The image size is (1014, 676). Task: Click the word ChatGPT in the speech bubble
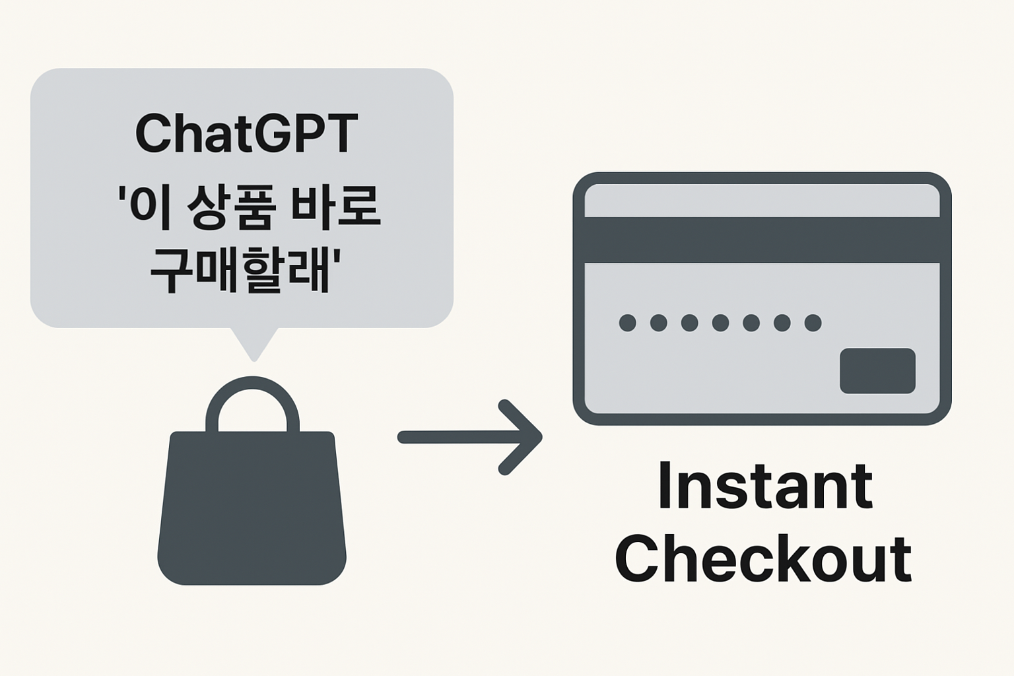tap(246, 133)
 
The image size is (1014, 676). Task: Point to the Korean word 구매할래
tap(240, 269)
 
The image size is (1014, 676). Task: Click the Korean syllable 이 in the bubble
tap(146, 207)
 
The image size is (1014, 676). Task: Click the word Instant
tap(764, 487)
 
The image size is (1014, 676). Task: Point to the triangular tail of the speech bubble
tap(253, 343)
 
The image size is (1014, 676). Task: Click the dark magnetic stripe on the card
tap(762, 240)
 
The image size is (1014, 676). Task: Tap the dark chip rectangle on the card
tap(877, 371)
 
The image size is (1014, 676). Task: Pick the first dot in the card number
tap(627, 323)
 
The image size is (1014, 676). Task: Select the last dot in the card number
tap(813, 323)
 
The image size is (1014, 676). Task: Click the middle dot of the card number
tap(720, 323)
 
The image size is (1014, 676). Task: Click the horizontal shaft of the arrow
tap(456, 437)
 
